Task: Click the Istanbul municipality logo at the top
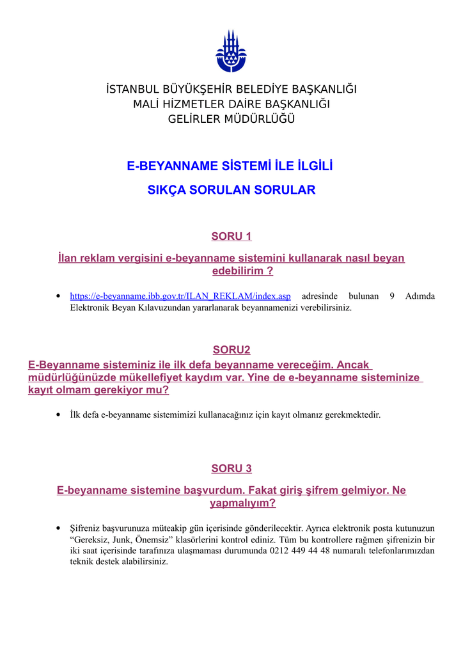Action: (231, 51)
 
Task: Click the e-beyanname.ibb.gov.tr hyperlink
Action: (180, 296)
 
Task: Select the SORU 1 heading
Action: (231, 237)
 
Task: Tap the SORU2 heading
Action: (231, 350)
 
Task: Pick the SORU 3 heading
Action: (231, 469)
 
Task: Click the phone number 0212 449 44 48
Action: (299, 551)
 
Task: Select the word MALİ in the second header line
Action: (147, 104)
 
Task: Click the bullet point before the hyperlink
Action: (59, 296)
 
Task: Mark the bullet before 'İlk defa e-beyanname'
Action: (59, 414)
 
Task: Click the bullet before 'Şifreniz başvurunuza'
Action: (59, 528)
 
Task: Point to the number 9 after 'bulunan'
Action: (391, 296)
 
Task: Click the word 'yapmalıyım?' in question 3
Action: (243, 503)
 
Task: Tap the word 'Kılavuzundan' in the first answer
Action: (146, 308)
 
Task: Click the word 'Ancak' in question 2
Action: (354, 365)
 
